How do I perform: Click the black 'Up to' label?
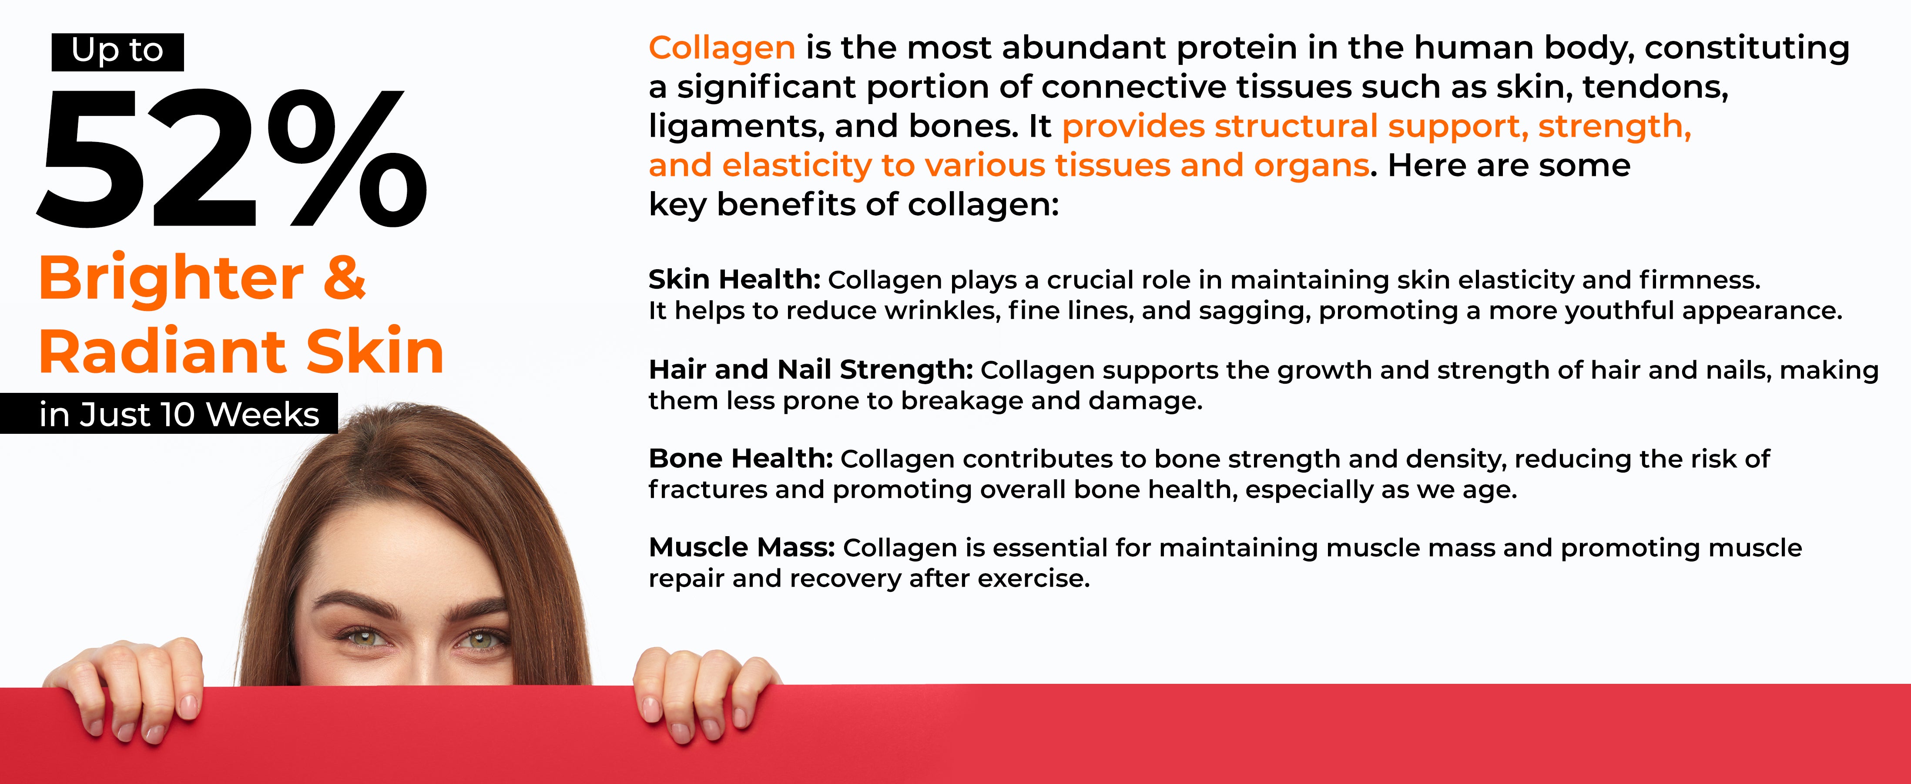click(x=117, y=52)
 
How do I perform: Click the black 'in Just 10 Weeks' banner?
click(x=169, y=413)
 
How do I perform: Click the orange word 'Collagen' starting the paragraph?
click(x=722, y=48)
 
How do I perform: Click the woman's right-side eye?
click(x=481, y=639)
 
